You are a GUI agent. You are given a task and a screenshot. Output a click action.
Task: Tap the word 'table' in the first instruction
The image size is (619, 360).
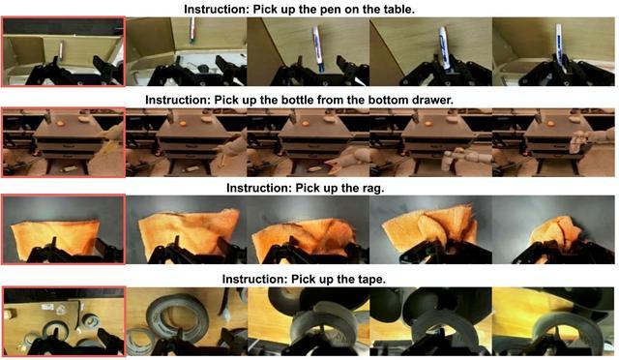[x=398, y=9]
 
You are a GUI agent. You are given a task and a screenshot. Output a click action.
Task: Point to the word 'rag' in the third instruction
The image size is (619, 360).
[x=371, y=188]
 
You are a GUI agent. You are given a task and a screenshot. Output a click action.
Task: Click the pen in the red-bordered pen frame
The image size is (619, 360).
[x=61, y=49]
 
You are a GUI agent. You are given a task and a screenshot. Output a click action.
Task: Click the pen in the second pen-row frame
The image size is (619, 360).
[x=192, y=30]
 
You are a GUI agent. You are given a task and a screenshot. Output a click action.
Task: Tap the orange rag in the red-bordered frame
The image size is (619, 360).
[x=55, y=237]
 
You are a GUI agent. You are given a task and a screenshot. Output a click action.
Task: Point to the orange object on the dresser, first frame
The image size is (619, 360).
[x=60, y=123]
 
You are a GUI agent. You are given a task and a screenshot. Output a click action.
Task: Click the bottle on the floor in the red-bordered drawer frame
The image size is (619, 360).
[x=69, y=169]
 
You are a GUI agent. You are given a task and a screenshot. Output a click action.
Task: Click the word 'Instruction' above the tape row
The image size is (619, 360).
[x=253, y=280]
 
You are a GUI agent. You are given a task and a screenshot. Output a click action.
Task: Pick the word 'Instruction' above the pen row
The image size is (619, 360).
[x=217, y=9]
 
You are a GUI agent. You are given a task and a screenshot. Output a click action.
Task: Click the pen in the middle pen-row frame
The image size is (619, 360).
[x=318, y=48]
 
